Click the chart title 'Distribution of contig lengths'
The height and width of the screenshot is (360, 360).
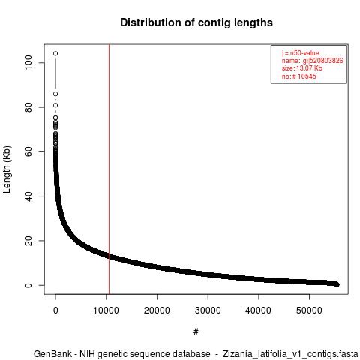(x=196, y=22)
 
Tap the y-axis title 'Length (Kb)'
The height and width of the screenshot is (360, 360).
(x=7, y=169)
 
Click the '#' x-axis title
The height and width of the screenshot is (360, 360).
(x=196, y=331)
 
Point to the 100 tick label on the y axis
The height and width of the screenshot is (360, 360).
(x=28, y=62)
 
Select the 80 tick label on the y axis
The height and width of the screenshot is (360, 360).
(x=28, y=107)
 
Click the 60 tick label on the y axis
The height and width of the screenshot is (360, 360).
(x=28, y=151)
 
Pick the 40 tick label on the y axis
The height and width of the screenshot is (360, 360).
(x=28, y=196)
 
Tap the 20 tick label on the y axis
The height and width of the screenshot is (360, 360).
(x=28, y=241)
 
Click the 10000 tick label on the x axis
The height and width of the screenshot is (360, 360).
(x=106, y=310)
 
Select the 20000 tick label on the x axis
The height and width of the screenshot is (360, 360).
(x=157, y=310)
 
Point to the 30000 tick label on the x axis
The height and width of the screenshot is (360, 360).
(x=208, y=310)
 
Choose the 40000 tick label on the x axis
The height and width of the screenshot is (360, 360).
(x=258, y=310)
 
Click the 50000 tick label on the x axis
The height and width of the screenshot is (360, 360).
(x=309, y=310)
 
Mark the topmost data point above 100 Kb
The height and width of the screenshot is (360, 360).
(x=55, y=53)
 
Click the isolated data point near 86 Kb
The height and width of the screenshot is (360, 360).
(x=55, y=94)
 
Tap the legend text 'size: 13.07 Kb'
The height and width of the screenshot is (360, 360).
(x=302, y=68)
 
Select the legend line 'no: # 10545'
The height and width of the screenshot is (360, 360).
(x=299, y=76)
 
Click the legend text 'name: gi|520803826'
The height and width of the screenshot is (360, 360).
(x=313, y=61)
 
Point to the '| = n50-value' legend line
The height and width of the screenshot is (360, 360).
(x=301, y=53)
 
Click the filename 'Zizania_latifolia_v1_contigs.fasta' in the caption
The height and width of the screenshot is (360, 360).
(x=290, y=354)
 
